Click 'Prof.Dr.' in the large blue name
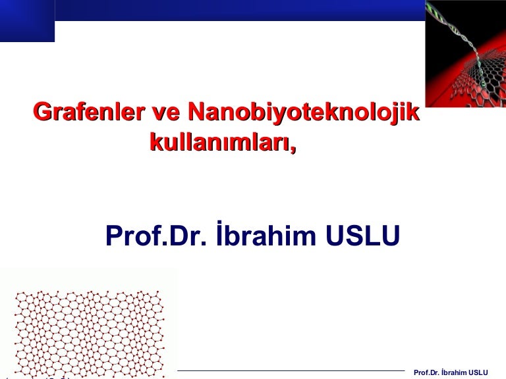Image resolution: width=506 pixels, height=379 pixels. [155, 236]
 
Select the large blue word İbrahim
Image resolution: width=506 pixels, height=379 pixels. [266, 234]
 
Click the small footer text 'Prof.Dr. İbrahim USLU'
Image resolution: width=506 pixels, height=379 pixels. [451, 372]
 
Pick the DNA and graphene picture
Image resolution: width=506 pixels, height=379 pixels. [465, 53]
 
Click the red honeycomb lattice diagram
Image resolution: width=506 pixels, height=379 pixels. [90, 334]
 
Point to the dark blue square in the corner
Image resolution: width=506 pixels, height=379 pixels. [27, 21]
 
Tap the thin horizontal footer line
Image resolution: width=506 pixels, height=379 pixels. [291, 370]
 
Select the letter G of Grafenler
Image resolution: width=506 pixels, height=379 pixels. [43, 112]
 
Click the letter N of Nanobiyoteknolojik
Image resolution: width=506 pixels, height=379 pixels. [196, 112]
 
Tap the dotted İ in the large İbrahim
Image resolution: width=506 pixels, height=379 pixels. [220, 234]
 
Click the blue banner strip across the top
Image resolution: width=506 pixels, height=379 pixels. [240, 11]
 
